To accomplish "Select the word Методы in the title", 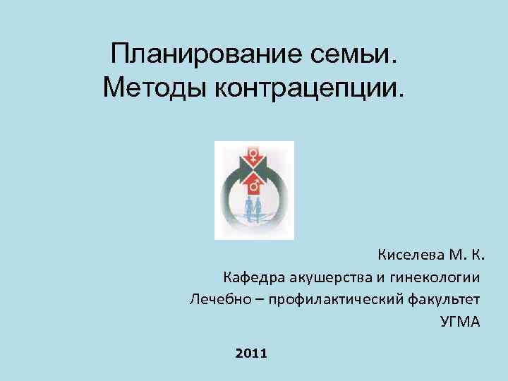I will click(x=145, y=87).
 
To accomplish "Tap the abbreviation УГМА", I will click(x=459, y=322).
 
